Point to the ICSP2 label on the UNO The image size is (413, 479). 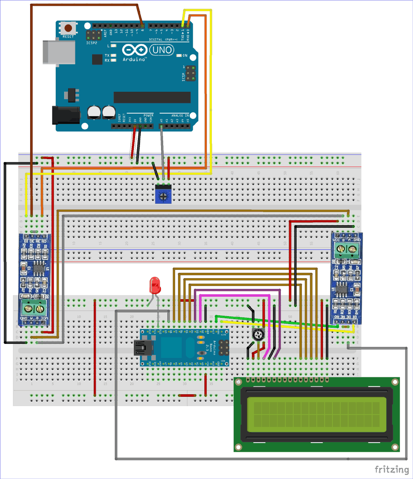[91, 42]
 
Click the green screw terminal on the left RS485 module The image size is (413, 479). [34, 308]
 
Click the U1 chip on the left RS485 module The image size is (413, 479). [39, 269]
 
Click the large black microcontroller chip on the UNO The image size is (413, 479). [152, 98]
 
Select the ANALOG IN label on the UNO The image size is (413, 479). [174, 115]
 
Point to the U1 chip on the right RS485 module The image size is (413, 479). [342, 289]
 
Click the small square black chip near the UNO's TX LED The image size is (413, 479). [97, 60]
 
